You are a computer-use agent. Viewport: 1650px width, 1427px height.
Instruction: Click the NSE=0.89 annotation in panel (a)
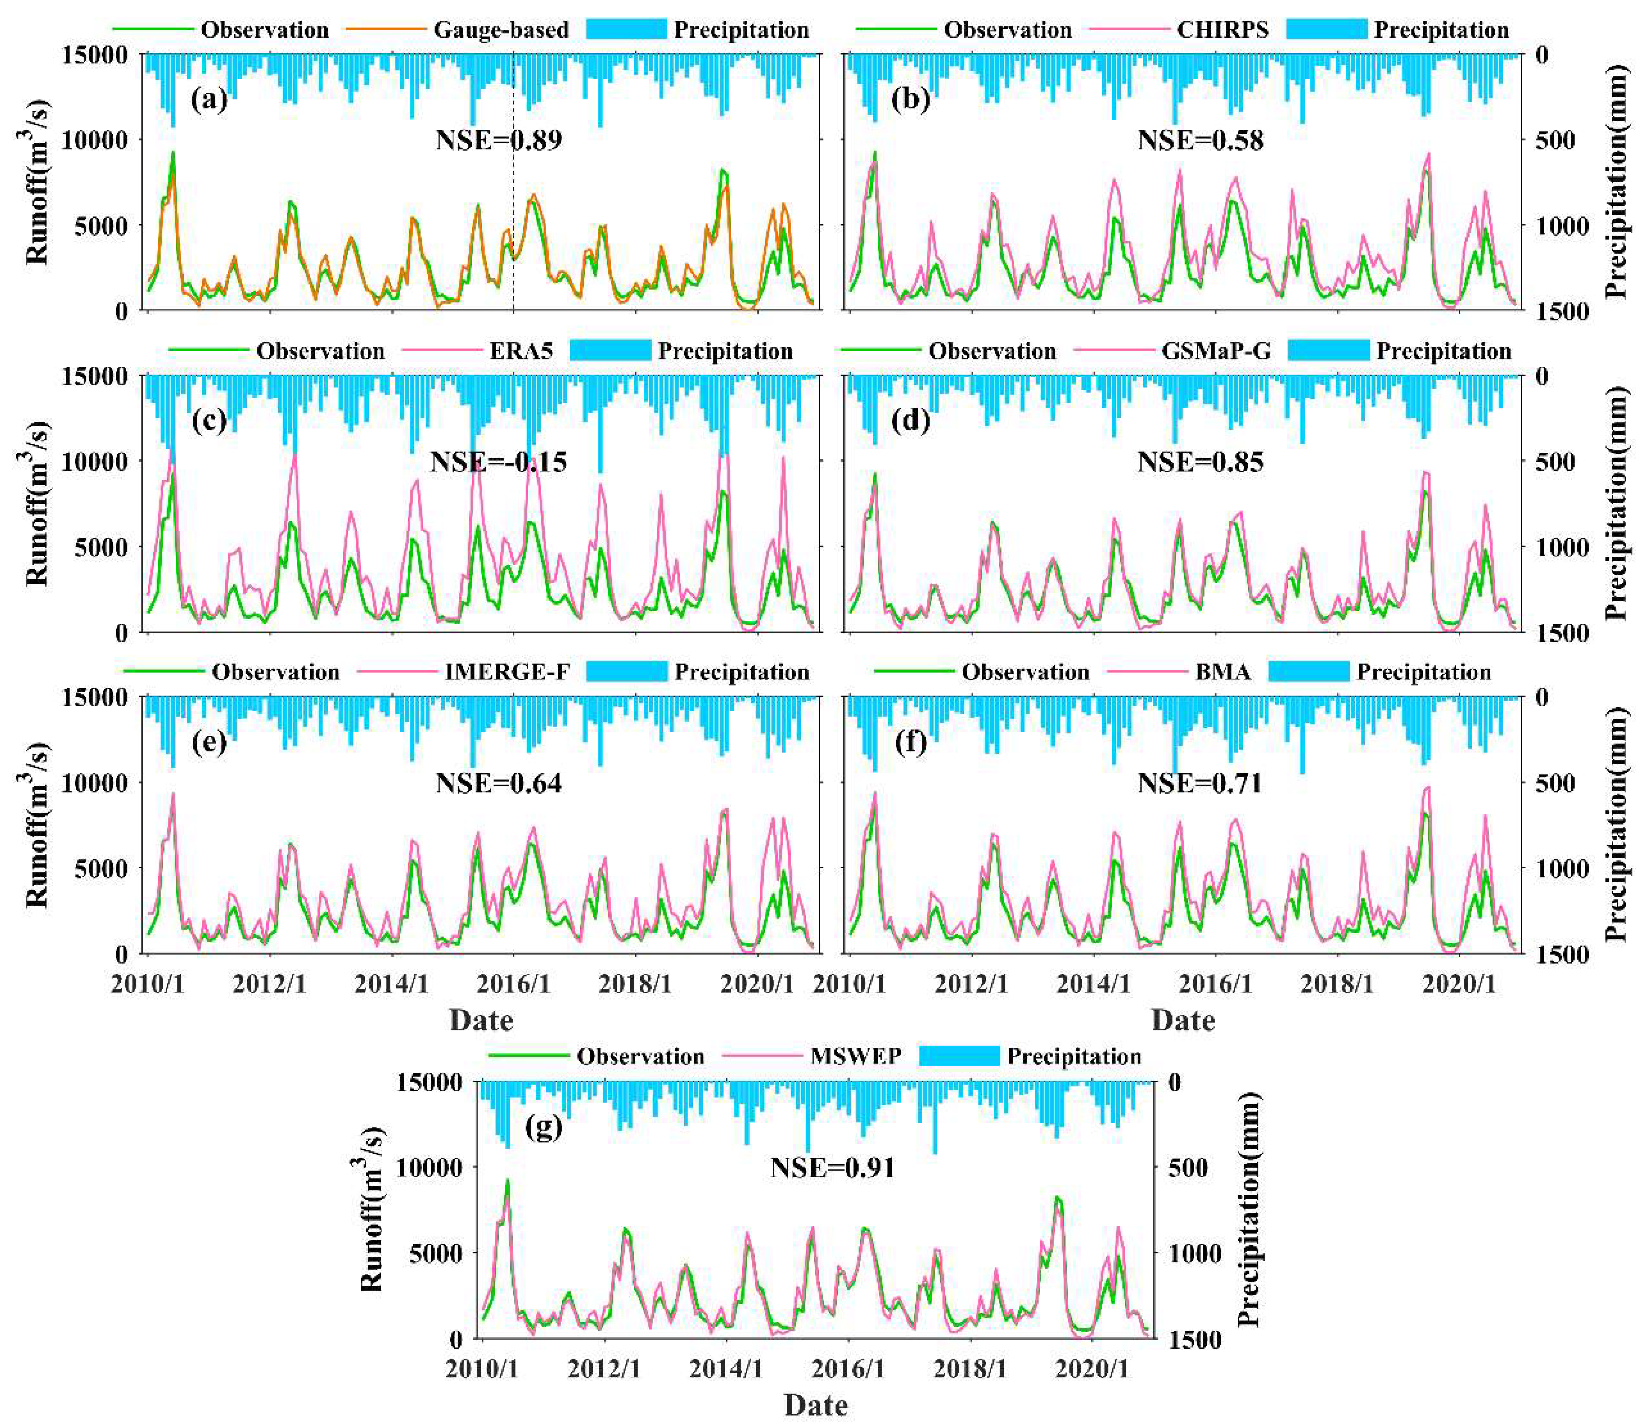tap(498, 140)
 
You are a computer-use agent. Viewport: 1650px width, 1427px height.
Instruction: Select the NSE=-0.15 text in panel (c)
tap(498, 462)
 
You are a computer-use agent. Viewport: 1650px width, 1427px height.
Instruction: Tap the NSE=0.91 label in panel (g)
tap(832, 1168)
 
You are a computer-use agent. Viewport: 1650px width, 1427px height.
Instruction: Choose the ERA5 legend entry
tap(521, 351)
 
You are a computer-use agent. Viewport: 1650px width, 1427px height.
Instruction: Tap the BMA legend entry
tap(1222, 672)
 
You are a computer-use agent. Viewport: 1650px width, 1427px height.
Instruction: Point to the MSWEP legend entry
tap(856, 1057)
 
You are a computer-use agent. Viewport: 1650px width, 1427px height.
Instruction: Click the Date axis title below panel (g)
tap(815, 1405)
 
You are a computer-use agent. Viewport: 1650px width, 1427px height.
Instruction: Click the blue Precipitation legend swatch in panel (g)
tap(959, 1057)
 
